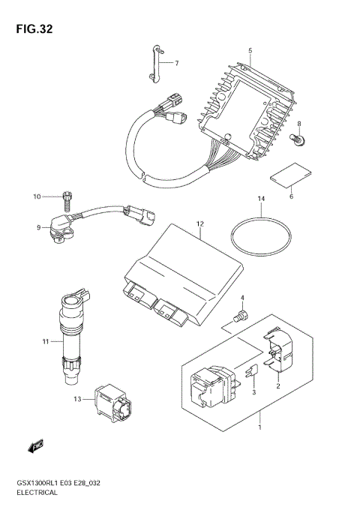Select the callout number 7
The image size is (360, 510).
coord(177,63)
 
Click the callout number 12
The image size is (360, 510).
coord(200,223)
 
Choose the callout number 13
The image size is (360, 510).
coord(78,401)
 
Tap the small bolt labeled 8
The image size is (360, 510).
coord(298,139)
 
